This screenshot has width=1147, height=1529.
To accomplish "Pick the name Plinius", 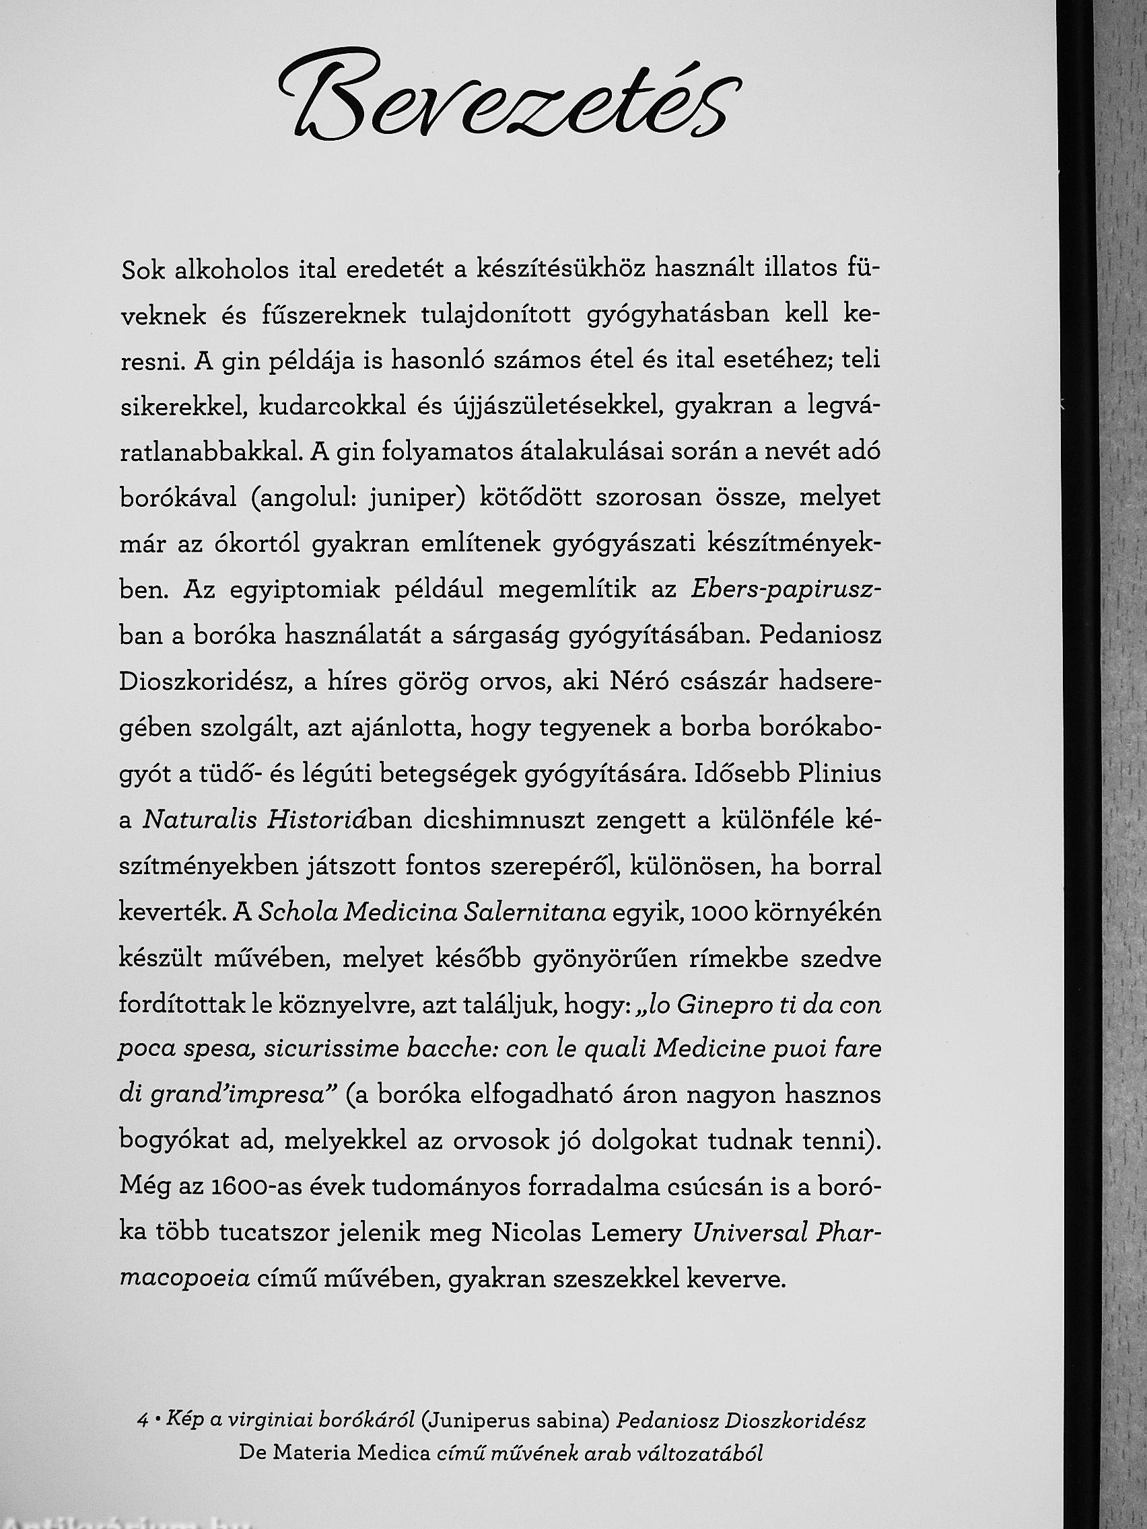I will pos(839,774).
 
